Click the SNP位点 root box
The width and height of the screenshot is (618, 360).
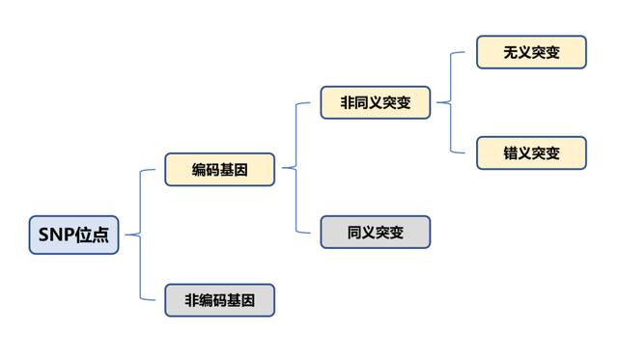73,235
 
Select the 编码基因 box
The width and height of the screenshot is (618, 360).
219,169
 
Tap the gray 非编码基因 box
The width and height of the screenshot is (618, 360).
219,300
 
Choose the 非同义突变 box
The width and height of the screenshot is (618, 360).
376,102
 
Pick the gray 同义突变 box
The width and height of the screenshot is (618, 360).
376,232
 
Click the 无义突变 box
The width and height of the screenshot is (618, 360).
531,52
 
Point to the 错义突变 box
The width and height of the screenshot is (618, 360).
531,152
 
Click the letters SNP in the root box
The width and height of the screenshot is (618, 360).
55,235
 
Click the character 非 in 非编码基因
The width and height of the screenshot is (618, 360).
191,300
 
